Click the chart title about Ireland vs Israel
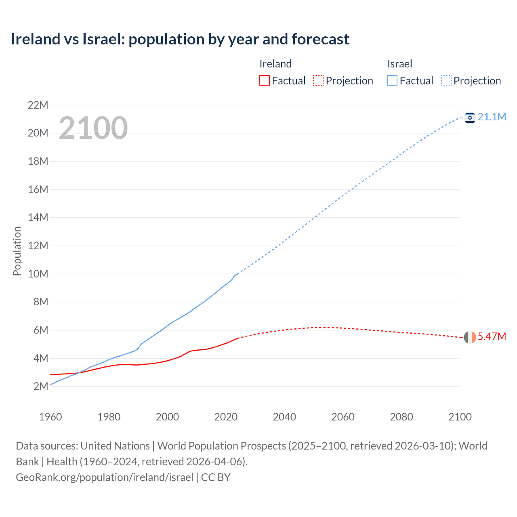click(180, 39)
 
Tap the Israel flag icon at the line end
click(470, 118)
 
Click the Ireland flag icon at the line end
click(470, 337)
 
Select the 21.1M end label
click(492, 117)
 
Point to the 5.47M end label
click(492, 337)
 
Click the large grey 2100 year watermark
click(93, 128)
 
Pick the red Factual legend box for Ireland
click(264, 81)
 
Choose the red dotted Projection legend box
click(318, 81)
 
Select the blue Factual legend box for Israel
click(392, 81)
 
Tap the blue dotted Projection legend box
click(446, 81)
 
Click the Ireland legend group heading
click(275, 64)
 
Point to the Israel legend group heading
click(399, 64)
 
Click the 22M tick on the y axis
click(38, 105)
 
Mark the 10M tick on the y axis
click(38, 274)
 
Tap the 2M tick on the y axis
click(41, 386)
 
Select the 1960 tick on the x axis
click(50, 417)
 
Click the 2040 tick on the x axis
click(284, 417)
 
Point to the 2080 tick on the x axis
click(401, 417)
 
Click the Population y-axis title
click(17, 251)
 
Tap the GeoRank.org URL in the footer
click(105, 477)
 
